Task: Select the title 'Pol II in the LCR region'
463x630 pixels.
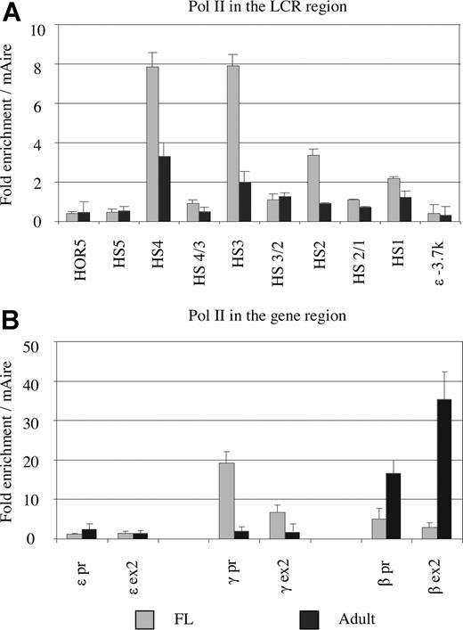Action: [251, 10]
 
